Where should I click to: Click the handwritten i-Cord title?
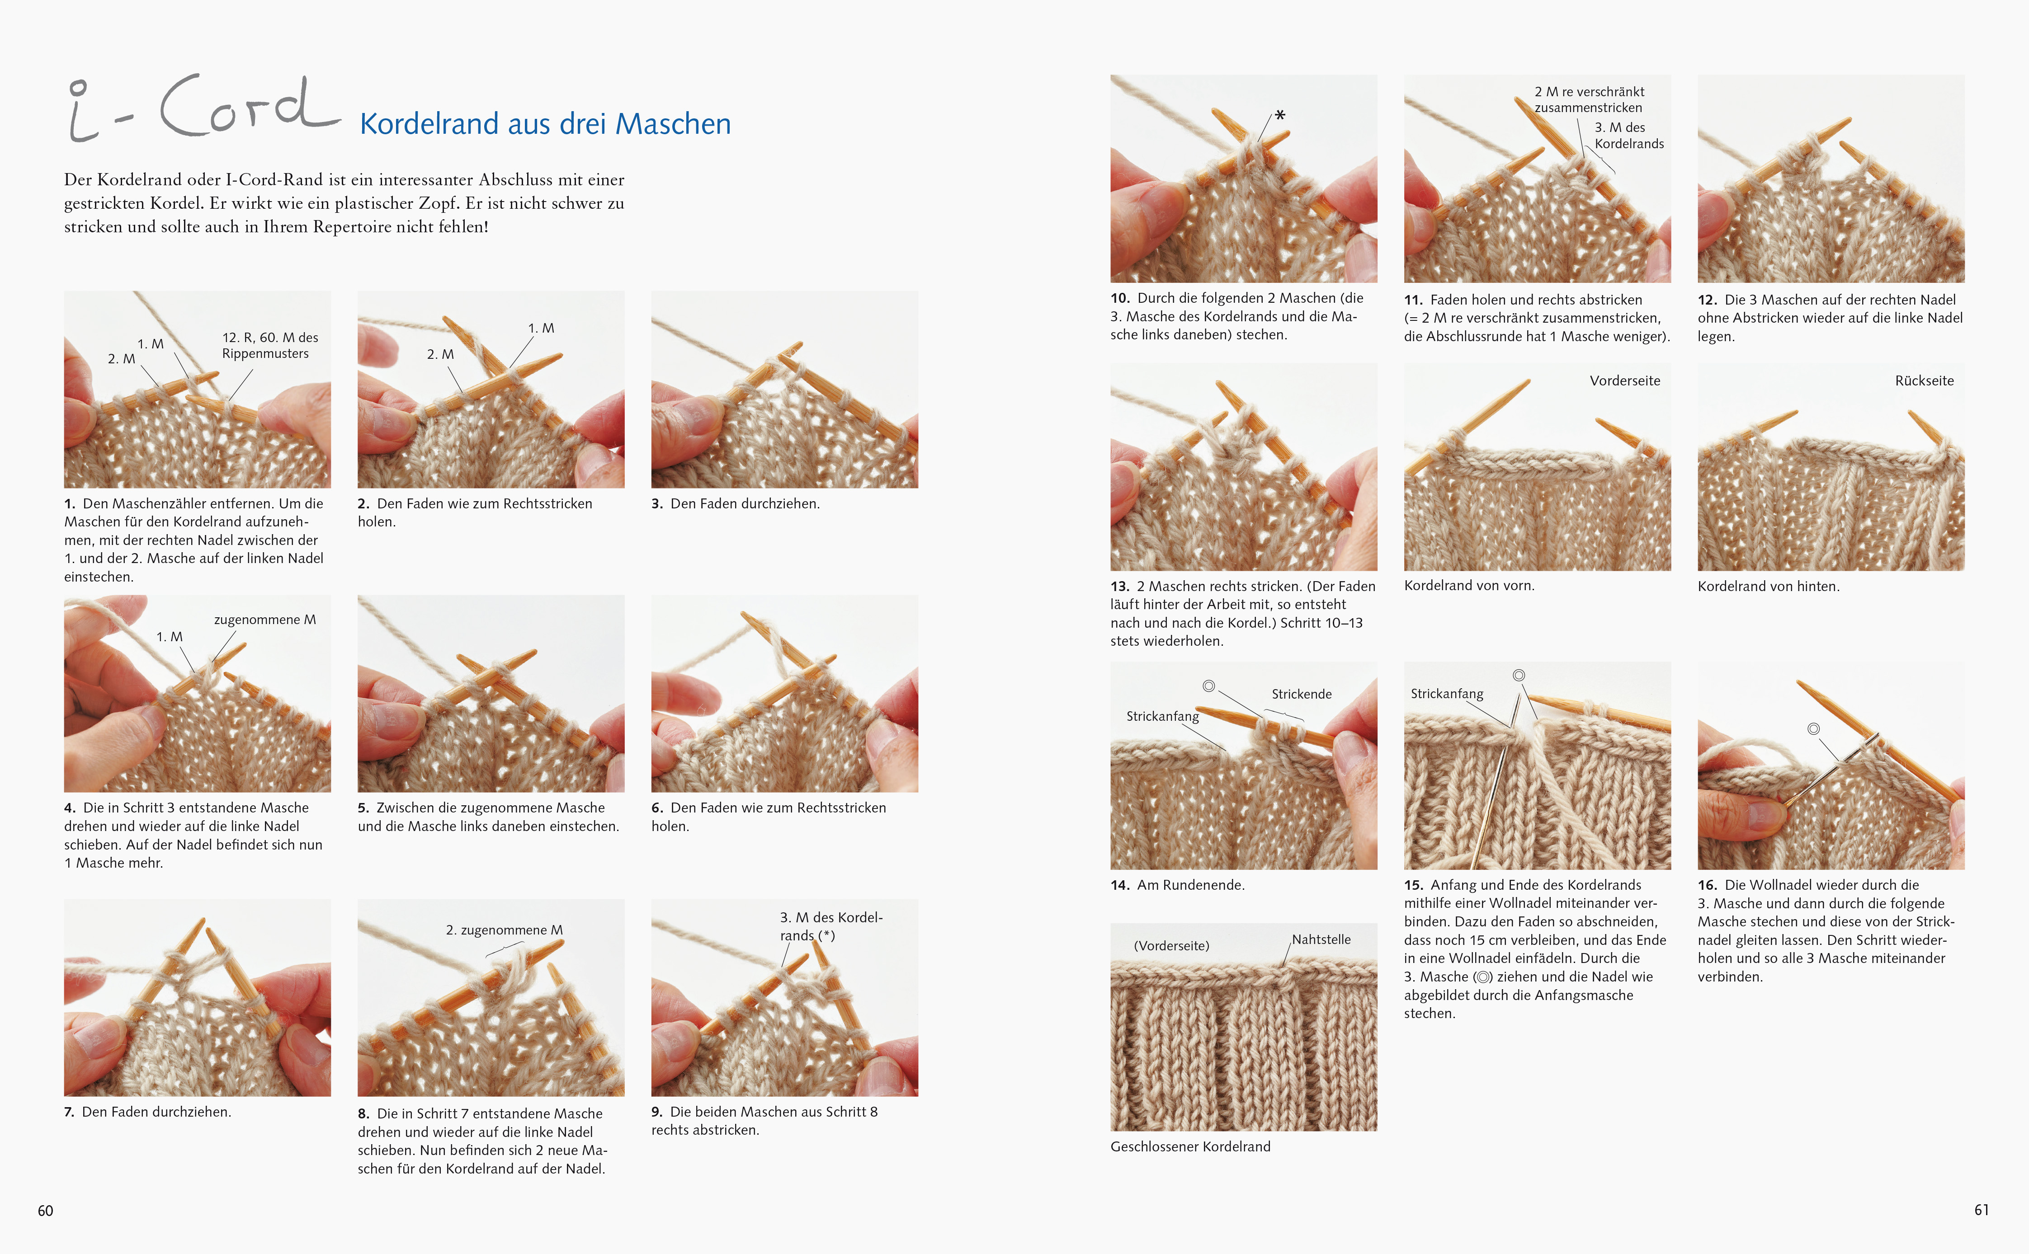pos(203,108)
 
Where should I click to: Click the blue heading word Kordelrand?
pos(429,123)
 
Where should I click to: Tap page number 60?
pos(46,1211)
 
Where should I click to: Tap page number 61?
pos(1982,1210)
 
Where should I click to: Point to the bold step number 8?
pos(363,1114)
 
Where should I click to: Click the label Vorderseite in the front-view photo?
pos(1625,380)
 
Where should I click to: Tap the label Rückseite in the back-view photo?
pos(1925,380)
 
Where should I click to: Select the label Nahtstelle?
pos(1321,939)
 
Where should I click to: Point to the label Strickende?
pos(1302,694)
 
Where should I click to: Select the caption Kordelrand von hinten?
pos(1769,587)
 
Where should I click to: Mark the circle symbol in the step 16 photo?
pos(1814,729)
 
